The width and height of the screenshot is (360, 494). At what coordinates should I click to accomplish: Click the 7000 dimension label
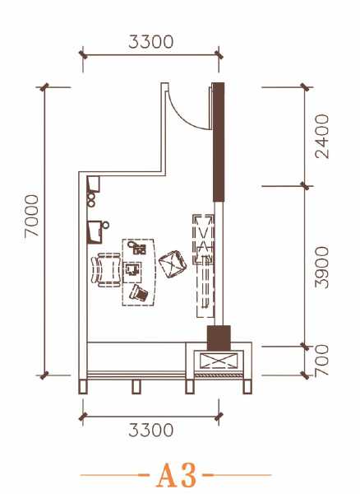pos(32,215)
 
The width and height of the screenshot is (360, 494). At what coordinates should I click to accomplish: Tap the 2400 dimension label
pos(322,137)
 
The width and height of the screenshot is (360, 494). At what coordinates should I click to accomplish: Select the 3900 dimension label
pos(322,268)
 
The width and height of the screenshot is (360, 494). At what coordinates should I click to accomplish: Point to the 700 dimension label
pos(322,360)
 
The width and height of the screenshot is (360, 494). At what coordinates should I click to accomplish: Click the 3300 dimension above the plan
pos(151,42)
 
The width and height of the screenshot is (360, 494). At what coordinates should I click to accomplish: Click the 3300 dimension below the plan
pos(151,430)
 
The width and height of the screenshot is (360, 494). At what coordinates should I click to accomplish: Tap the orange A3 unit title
pos(177,475)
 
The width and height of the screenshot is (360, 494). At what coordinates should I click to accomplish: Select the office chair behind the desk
pos(106,270)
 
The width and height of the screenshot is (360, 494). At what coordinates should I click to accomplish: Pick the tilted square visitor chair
pos(173,264)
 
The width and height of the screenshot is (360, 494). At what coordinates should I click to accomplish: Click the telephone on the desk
pos(139,293)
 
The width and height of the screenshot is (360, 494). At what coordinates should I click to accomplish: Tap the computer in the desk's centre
pos(132,270)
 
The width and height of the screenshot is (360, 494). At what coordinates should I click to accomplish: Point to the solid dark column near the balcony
pos(219,338)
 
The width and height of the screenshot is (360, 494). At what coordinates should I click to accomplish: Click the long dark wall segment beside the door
pos(219,142)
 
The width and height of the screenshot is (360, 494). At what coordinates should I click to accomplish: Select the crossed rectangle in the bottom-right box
pos(219,361)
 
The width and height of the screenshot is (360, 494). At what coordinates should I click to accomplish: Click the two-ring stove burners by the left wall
pos(91,200)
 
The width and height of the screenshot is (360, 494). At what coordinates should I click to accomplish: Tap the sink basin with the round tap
pos(95,232)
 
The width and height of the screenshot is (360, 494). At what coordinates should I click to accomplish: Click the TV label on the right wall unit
pos(206,260)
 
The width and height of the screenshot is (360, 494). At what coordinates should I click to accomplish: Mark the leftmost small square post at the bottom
pos(83,387)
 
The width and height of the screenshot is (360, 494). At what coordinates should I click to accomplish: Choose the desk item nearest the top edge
pos(137,247)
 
